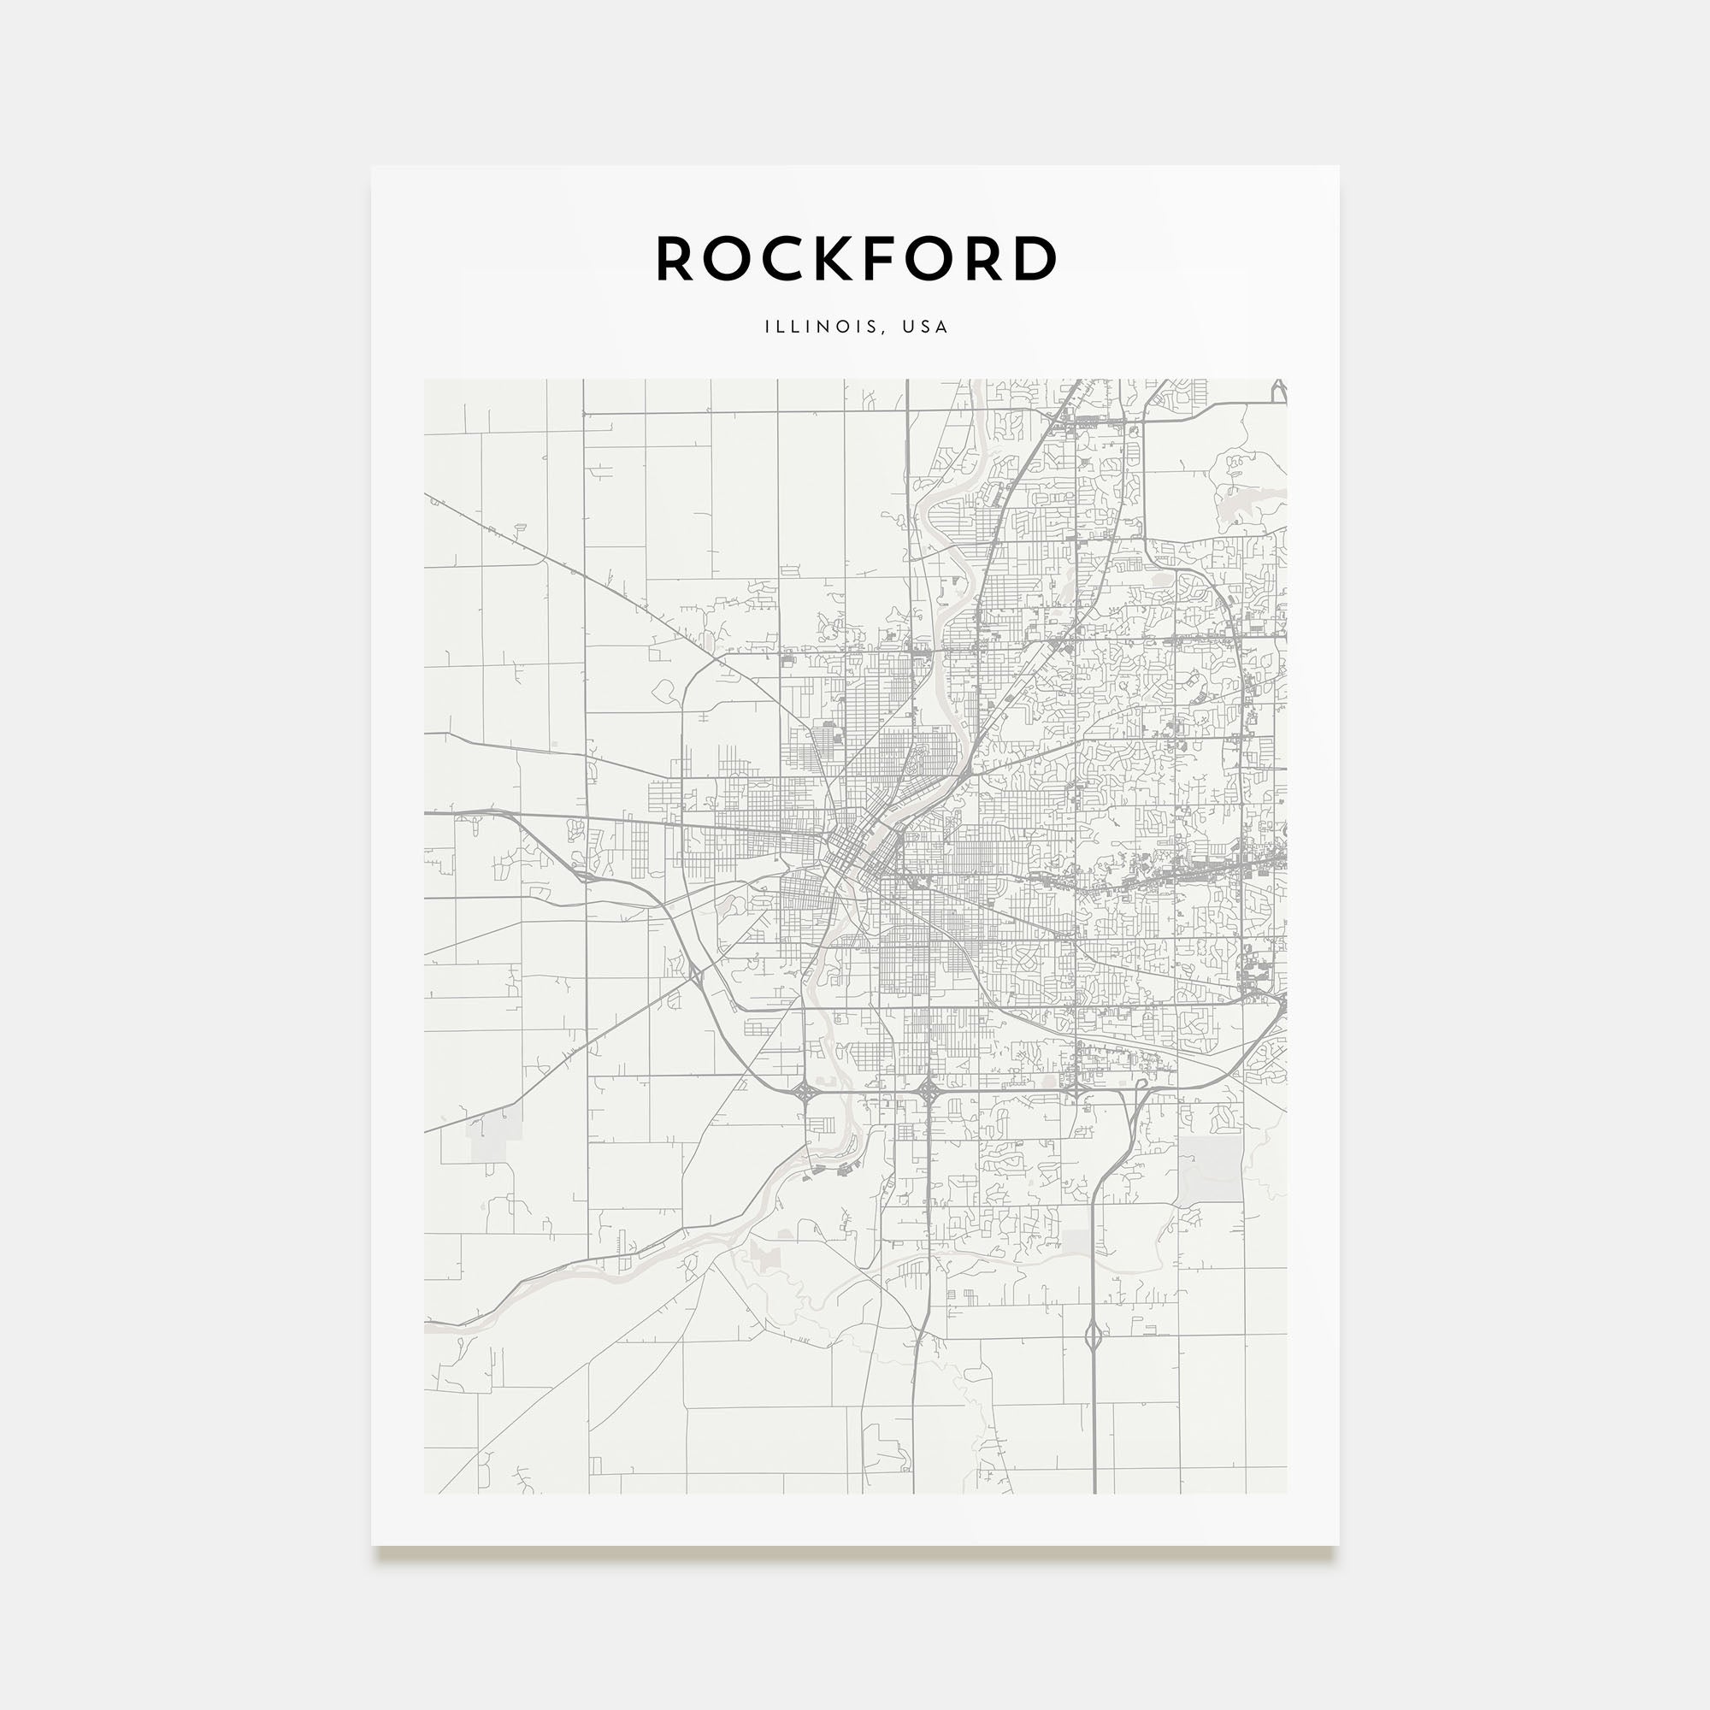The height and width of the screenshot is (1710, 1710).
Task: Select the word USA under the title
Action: [926, 327]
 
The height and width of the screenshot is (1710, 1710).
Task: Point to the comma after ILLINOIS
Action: [883, 331]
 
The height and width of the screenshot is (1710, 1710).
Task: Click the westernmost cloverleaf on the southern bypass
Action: [805, 1092]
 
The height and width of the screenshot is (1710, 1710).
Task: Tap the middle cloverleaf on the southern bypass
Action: [928, 1090]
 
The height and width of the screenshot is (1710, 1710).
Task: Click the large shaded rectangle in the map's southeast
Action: [1210, 1169]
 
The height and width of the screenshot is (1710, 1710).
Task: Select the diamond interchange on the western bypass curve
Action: [696, 976]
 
